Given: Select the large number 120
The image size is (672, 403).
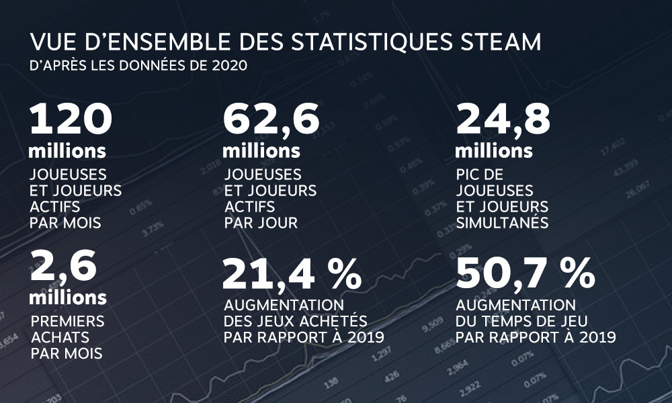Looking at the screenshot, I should click(70, 120).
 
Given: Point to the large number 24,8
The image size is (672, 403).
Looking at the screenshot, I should click(503, 120).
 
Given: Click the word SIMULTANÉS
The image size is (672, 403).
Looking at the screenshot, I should click(502, 222).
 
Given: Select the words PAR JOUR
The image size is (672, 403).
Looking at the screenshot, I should click(260, 222).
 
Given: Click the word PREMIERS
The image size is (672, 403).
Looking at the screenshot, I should click(67, 320).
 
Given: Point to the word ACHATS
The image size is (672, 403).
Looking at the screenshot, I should click(60, 337).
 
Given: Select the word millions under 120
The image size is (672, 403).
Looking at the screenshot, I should click(67, 149).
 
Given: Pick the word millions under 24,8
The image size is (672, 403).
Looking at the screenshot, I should click(494, 149).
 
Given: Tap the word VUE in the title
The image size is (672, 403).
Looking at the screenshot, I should click(50, 42).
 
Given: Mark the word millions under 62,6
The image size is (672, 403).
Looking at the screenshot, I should click(261, 149).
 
